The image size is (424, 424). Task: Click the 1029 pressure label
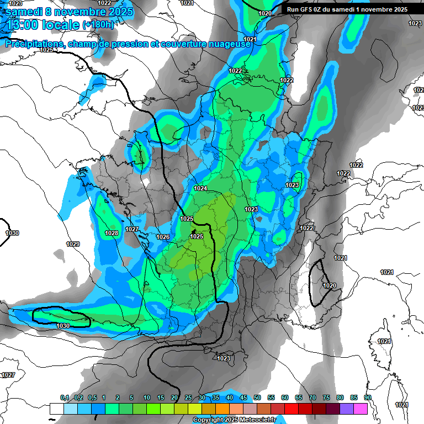72,244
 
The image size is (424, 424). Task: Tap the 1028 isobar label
112,233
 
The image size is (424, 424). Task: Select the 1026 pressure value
162,237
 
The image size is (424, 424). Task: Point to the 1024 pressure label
200,188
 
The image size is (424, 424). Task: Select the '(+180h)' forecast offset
98,25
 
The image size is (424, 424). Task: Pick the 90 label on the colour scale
367,398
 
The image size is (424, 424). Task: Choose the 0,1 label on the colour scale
64,398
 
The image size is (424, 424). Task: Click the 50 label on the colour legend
257,398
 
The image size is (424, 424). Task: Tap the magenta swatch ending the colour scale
361,409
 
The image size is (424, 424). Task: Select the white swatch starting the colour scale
56,409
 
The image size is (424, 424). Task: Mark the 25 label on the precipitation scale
188,398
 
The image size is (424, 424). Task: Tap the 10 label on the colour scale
147,398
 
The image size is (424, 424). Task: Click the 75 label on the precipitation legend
326,398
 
